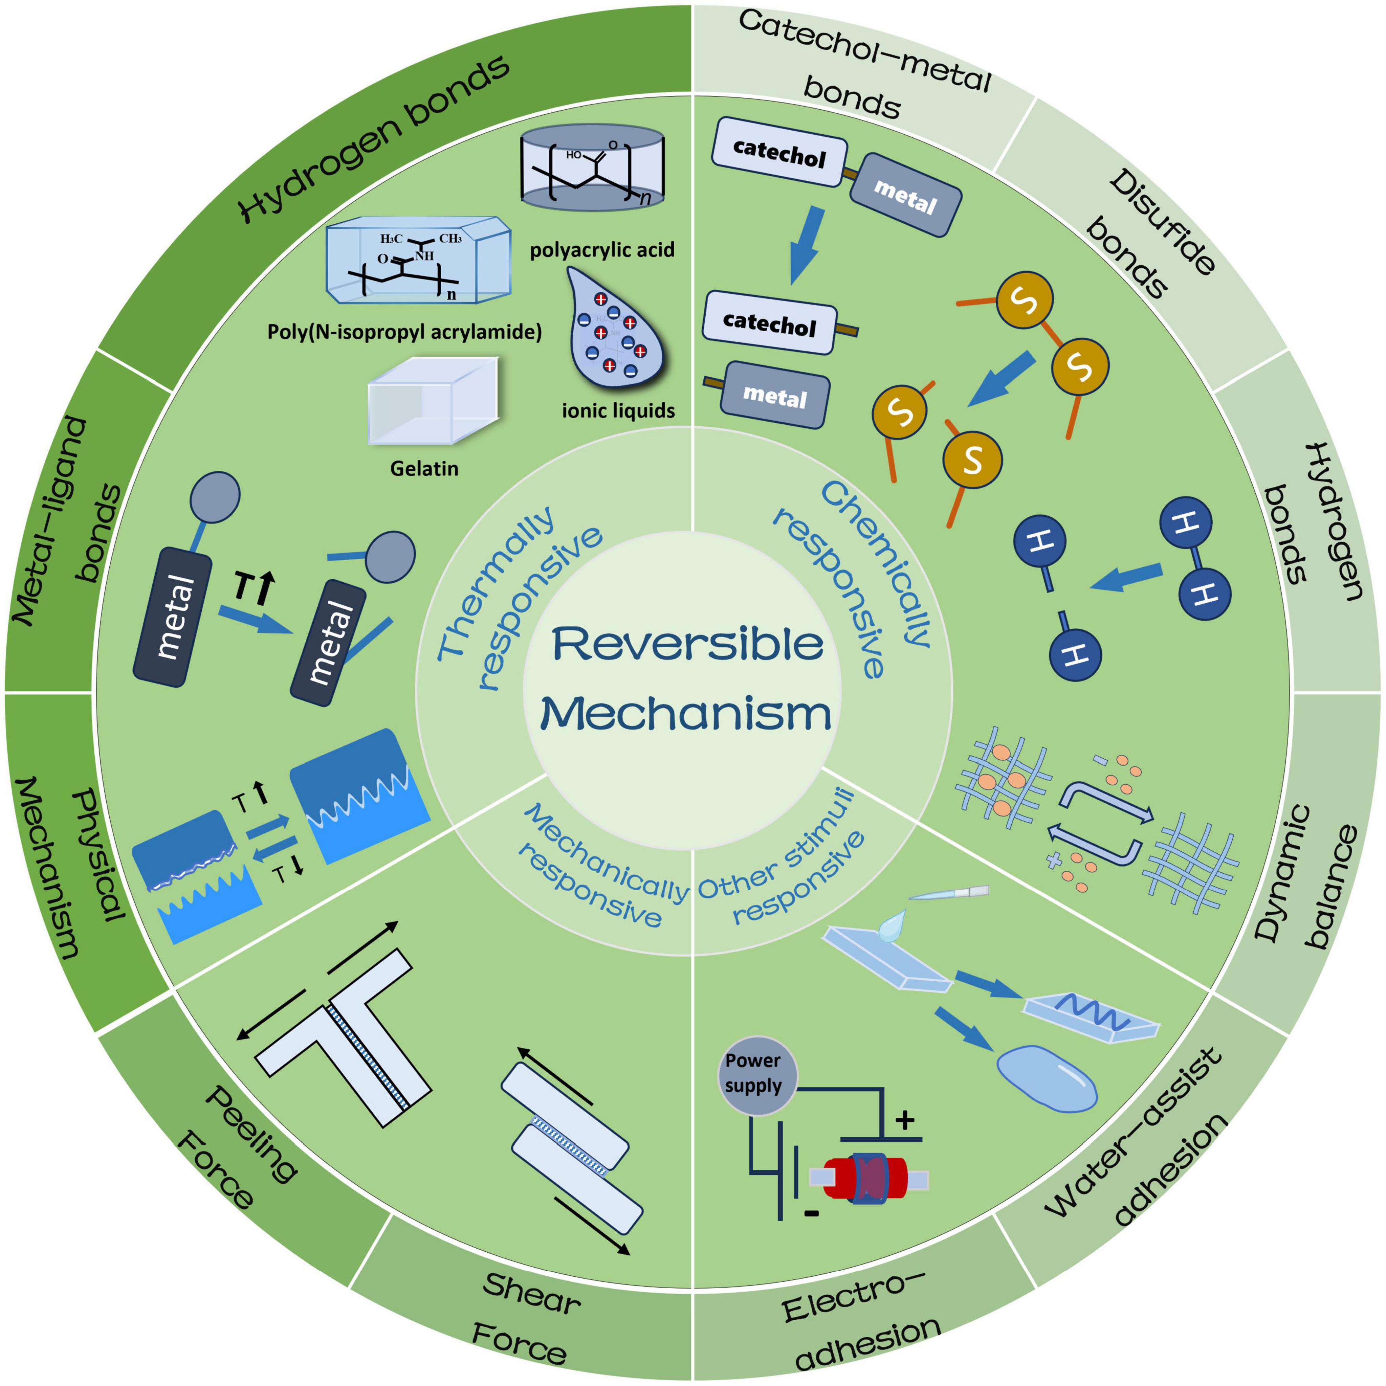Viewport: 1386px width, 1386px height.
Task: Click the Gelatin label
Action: (x=424, y=468)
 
